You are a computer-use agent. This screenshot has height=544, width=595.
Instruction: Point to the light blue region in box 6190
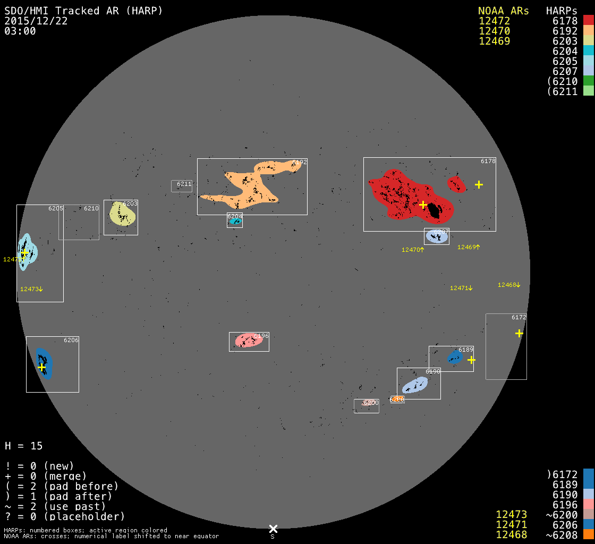(414, 385)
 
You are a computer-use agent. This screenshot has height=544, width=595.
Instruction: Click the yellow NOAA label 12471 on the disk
(461, 288)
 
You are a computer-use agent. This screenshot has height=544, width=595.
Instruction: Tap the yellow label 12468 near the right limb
(509, 285)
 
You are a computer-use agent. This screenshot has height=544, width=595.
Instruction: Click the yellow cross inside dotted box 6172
(519, 333)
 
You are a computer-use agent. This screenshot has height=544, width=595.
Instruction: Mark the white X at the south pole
(273, 529)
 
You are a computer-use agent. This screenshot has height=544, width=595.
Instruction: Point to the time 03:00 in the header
(20, 31)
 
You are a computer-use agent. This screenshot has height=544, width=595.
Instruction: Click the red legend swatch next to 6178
(588, 21)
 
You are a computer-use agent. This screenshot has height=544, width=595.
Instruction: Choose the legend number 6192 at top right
(565, 31)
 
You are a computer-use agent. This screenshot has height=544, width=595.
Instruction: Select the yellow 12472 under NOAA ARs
(494, 21)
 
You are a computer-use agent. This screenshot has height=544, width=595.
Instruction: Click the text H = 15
(23, 446)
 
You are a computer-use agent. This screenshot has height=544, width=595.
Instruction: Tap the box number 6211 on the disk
(184, 184)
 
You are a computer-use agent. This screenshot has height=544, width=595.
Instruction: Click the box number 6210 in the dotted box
(91, 208)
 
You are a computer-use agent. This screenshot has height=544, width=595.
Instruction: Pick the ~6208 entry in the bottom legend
(562, 534)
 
